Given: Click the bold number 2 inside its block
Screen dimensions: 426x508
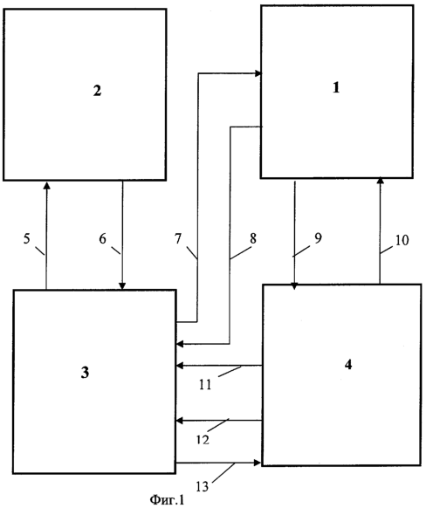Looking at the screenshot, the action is coord(97,91).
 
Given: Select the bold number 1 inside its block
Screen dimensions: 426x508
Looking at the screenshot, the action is coord(336,87).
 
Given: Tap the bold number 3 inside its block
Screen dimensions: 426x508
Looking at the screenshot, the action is coord(85,373).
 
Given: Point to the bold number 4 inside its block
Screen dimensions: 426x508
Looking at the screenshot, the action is coord(348,365).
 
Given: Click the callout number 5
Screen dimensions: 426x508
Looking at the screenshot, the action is coord(26,239).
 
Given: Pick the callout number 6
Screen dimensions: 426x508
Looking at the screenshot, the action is coord(102,239).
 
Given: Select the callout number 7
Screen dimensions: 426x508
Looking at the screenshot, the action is coord(178,239).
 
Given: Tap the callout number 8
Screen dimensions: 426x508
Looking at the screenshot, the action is coord(253,239).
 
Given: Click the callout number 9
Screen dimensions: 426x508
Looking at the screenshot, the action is coord(319,238).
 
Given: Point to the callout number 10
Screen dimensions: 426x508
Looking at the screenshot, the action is coord(402,240).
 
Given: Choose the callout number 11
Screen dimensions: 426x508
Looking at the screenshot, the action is coord(205,385).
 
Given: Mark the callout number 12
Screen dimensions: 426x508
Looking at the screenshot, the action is coord(203,440).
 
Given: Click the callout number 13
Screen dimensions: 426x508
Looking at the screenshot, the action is coord(203,487).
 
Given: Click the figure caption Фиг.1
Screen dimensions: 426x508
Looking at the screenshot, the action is coord(167,499).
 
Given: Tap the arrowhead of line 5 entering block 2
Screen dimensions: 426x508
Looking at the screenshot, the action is coord(47,185).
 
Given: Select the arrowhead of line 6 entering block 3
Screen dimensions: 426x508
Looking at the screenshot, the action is coord(122,285).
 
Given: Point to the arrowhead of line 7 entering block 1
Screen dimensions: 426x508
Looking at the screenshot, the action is coord(258,73).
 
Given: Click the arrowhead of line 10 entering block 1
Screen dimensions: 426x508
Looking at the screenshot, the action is coord(381,180).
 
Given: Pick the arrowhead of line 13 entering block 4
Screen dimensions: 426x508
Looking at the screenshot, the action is coord(258,463).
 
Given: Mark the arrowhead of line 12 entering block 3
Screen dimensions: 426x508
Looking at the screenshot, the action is coord(179,421).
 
